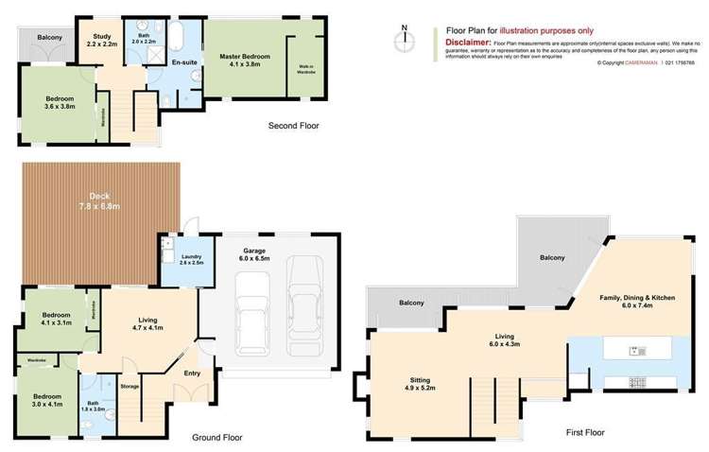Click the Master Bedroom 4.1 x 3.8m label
[245, 61]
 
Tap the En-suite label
[183, 62]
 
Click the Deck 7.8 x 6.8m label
[100, 201]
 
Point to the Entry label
[193, 373]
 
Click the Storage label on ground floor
[130, 386]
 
